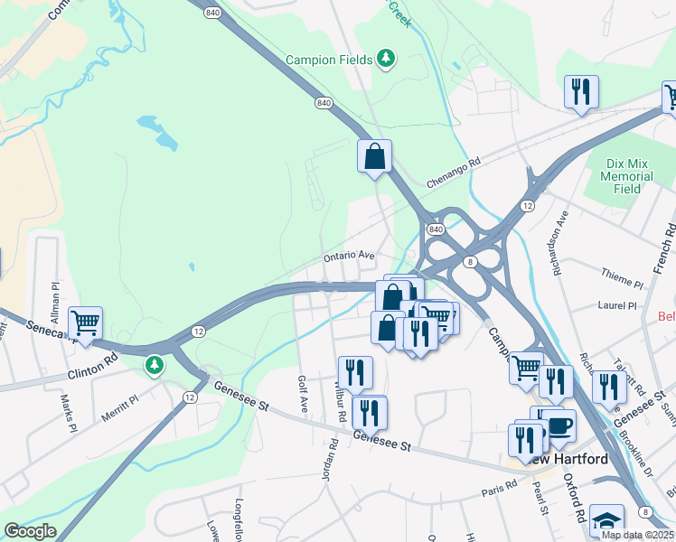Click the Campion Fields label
[329, 60]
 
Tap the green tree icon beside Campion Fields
[387, 59]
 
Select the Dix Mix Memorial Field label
[633, 177]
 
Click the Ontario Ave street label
[349, 257]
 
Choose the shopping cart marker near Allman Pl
[85, 322]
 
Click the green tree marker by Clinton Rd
[155, 365]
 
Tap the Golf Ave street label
[303, 394]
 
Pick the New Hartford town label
[569, 460]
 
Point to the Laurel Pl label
[618, 306]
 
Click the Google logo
[30, 531]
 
